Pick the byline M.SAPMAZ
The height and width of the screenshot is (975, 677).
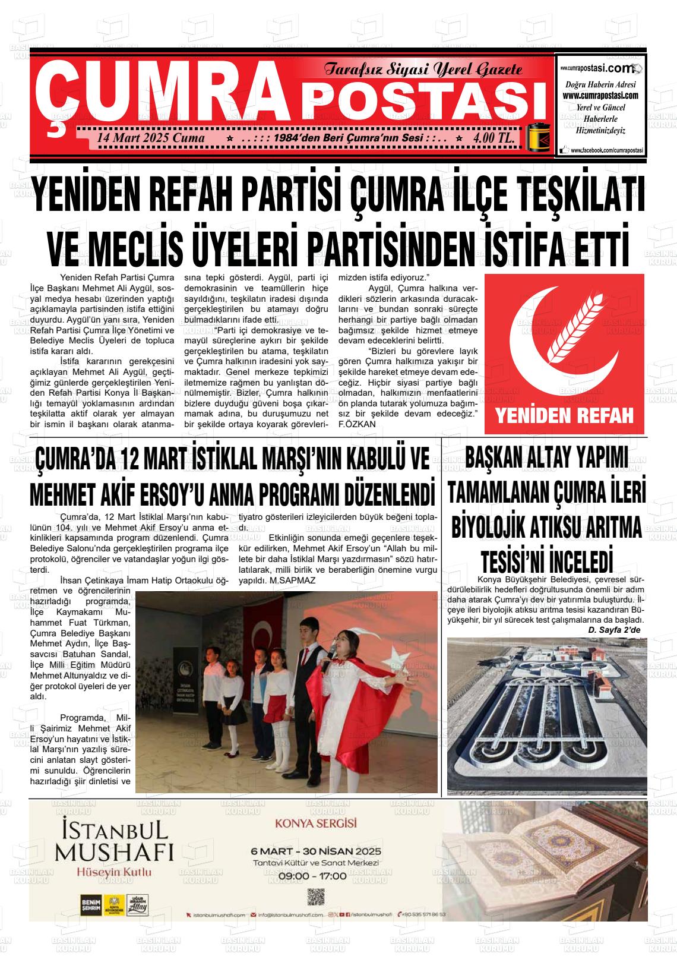[292, 580]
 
